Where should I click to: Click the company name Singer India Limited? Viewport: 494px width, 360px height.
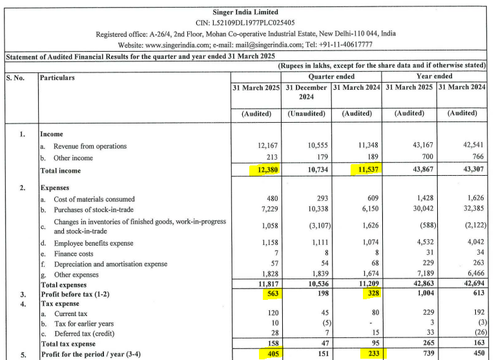[x=245, y=12]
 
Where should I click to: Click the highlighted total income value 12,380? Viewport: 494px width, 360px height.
[x=264, y=171]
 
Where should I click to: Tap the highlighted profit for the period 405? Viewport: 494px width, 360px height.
[x=269, y=354]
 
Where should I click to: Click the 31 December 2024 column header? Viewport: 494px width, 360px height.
[x=306, y=92]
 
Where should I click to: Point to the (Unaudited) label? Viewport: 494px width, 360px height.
[x=306, y=113]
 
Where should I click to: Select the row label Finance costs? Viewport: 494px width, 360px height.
[x=76, y=253]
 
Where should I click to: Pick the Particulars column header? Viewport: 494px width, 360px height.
[x=57, y=78]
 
